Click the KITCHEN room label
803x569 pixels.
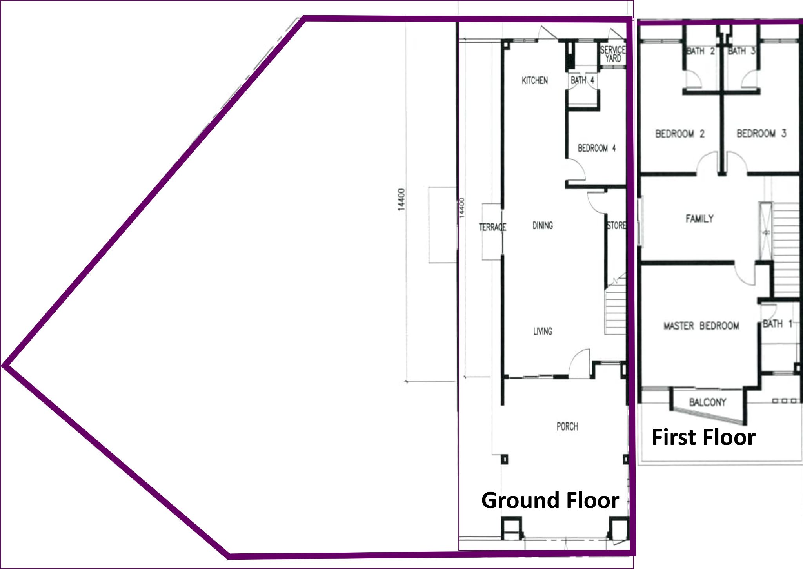tap(534, 80)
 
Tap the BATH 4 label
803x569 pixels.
tap(582, 80)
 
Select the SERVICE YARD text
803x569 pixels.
tap(613, 54)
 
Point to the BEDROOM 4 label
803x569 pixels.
tap(597, 148)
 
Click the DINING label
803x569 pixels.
tap(543, 225)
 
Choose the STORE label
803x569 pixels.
tap(616, 225)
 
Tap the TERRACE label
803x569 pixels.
tap(492, 227)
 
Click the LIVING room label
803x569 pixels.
tap(543, 332)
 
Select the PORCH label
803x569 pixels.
tap(567, 426)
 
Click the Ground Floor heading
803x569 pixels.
tap(550, 500)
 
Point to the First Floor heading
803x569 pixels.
tap(703, 437)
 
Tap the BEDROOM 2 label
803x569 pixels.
tap(680, 134)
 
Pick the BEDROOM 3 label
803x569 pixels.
tap(761, 134)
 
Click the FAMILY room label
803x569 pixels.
tap(699, 219)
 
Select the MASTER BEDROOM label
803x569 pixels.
tap(701, 326)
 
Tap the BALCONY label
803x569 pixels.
tap(708, 402)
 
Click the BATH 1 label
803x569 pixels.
tap(778, 324)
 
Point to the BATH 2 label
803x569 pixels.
tap(701, 51)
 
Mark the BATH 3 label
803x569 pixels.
tap(741, 51)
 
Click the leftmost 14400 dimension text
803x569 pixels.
tap(401, 200)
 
